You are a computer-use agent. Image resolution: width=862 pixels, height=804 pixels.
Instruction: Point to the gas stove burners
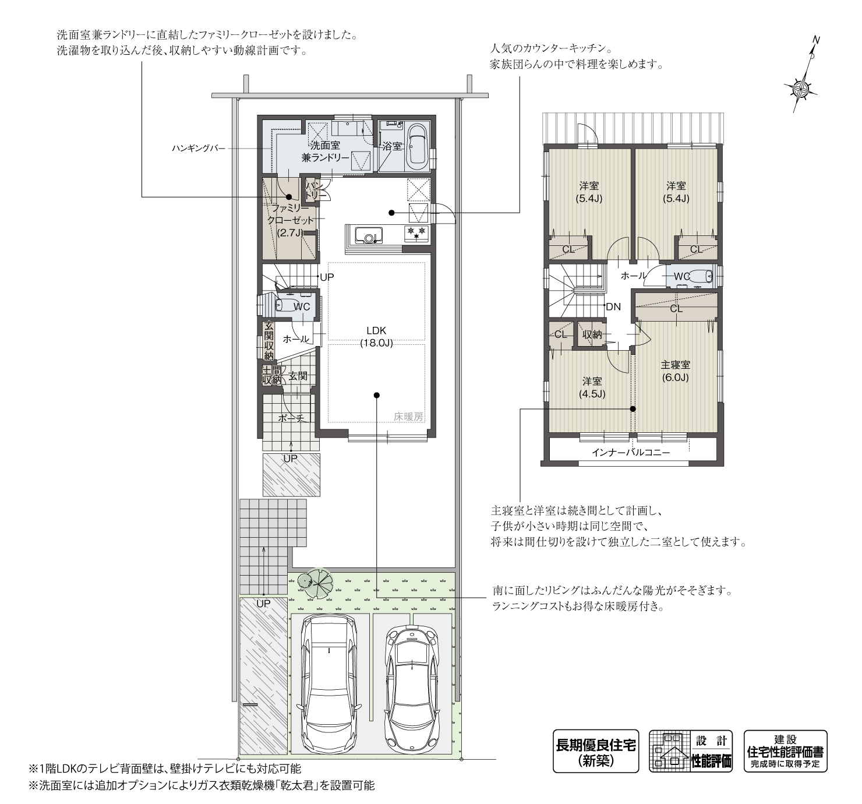pos(416,233)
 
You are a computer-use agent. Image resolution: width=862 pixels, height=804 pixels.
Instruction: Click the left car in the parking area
pos(328,682)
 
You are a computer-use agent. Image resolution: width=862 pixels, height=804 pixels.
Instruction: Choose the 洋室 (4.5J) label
pos(592,387)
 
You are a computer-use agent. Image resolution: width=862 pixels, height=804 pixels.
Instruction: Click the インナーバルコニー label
pos(630,453)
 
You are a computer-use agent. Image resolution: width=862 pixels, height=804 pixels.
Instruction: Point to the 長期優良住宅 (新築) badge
pos(595,751)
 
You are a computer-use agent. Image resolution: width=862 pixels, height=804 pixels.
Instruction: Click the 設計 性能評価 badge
pos(691,751)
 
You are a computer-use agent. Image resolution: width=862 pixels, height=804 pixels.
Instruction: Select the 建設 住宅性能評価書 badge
pos(785,751)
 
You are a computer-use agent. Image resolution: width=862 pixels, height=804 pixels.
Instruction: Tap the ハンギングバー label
pos(198,149)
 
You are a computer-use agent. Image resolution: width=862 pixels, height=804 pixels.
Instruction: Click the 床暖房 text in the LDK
pos(408,417)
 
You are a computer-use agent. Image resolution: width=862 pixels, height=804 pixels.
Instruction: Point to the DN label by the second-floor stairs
pos(613,307)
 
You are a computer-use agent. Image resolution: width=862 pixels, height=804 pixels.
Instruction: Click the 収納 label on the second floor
pos(592,334)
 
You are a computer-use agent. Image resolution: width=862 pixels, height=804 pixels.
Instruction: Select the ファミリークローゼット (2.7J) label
pos(290,220)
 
